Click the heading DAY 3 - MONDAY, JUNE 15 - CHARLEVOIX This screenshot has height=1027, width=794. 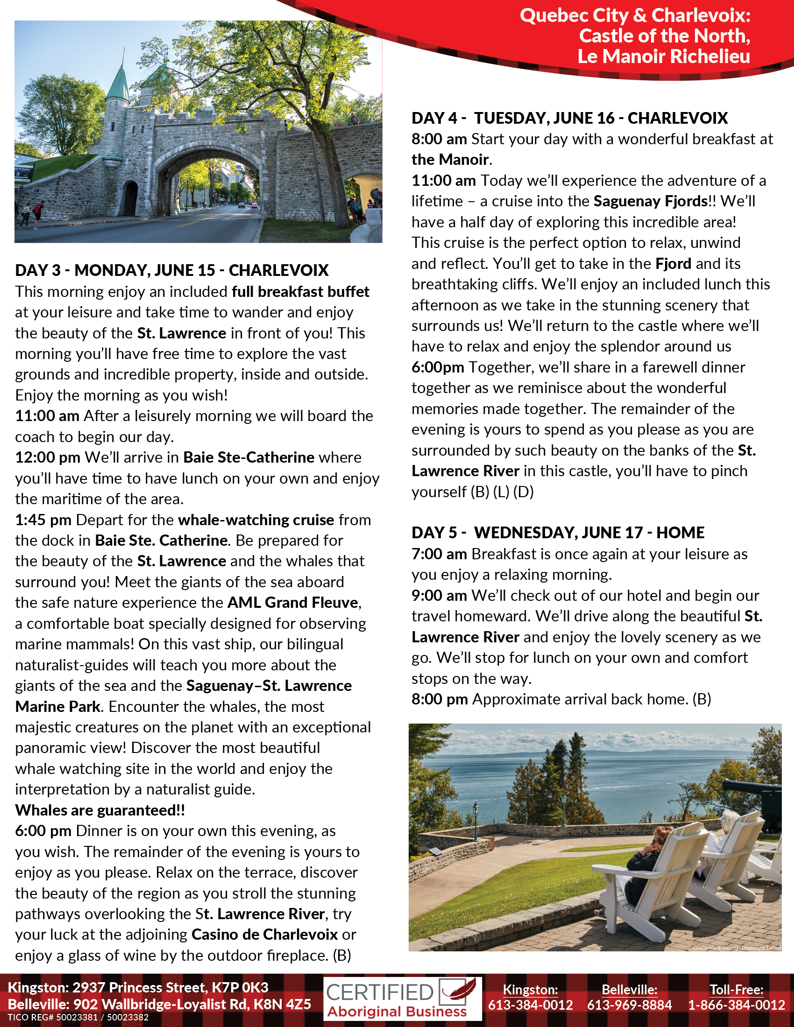172,270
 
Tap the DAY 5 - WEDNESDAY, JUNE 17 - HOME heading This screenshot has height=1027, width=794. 557,532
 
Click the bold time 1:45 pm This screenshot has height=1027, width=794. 43,520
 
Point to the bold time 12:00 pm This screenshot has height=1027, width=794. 48,457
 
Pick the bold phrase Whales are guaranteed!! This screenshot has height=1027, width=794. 100,810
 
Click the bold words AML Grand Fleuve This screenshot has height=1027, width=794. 292,602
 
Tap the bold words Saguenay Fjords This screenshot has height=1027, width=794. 651,201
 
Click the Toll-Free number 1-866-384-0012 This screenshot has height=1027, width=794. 736,1005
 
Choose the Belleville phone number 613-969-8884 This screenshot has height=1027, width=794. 630,1005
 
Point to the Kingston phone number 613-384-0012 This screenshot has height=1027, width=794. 530,1005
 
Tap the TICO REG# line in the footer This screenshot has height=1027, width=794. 78,1017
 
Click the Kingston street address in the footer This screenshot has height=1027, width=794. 138,987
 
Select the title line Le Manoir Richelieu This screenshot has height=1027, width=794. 663,56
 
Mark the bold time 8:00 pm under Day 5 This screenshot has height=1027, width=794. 440,699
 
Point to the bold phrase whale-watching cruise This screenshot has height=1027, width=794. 256,520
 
